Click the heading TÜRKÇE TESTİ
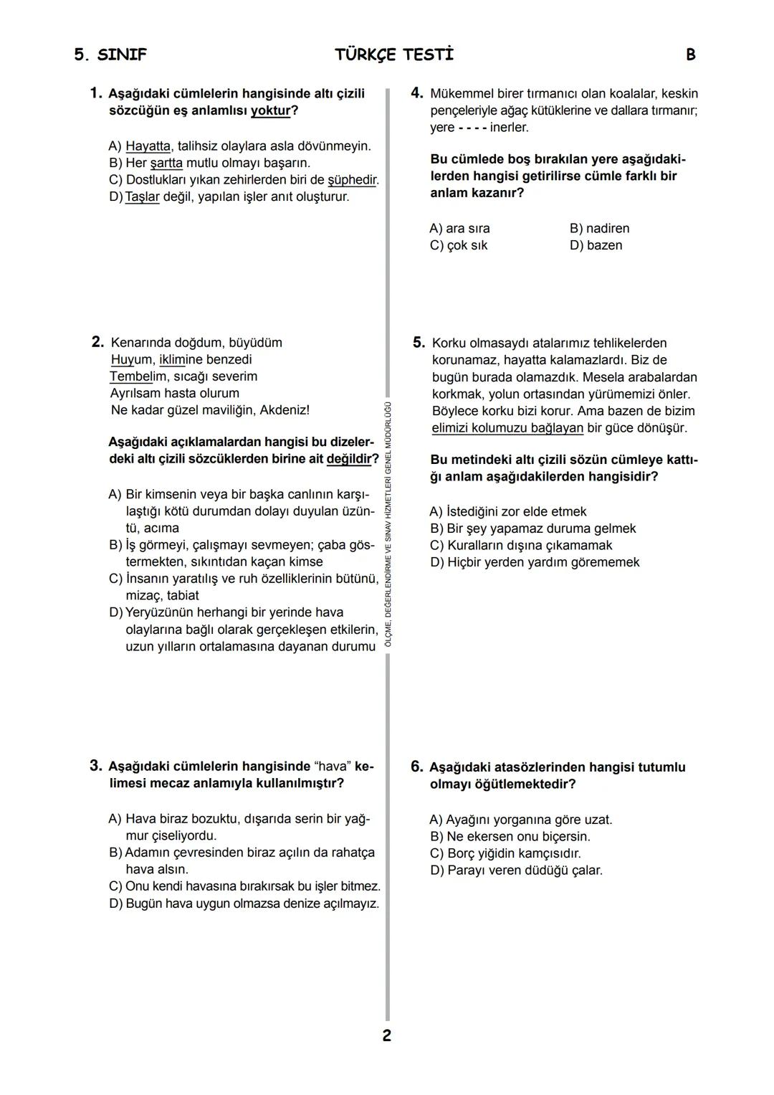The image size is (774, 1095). click(394, 55)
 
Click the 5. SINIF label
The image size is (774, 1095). click(110, 55)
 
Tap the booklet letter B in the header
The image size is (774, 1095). click(690, 55)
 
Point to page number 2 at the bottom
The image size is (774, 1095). click(387, 1035)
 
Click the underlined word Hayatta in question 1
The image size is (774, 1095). click(148, 146)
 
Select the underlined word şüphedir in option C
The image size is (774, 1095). click(353, 180)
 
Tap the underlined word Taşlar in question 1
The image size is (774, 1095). click(142, 196)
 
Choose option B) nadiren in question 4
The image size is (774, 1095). click(599, 229)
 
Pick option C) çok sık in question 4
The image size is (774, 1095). click(459, 245)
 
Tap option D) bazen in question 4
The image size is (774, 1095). click(596, 245)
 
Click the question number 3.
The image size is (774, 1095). click(96, 766)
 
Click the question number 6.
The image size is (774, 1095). click(417, 767)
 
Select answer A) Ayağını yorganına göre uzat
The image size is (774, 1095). click(521, 820)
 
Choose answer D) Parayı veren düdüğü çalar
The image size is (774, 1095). click(516, 871)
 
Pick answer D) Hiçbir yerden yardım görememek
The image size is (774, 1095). click(535, 562)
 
